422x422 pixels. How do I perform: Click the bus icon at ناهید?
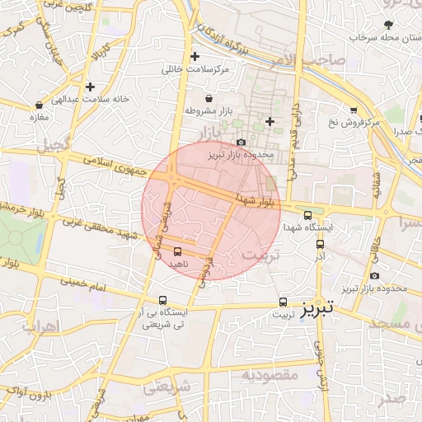click(177, 251)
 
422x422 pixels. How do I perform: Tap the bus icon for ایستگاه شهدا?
click(308, 215)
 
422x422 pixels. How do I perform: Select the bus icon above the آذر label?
click(320, 244)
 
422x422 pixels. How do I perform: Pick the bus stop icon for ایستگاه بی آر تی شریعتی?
click(162, 301)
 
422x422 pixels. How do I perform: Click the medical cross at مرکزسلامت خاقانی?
click(195, 57)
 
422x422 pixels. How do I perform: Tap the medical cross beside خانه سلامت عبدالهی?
click(90, 87)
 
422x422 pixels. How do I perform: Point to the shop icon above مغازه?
click(40, 105)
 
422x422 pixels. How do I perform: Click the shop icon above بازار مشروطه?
click(209, 98)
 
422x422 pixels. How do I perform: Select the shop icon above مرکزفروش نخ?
click(354, 110)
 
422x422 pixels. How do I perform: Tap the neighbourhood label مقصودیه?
click(270, 376)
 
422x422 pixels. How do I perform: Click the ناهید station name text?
click(178, 264)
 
